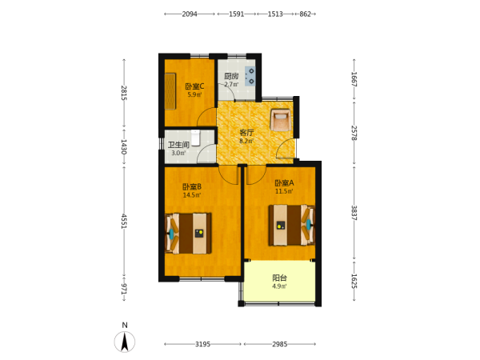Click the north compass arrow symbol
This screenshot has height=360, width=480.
point(125,342)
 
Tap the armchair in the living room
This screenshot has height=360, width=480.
point(281,120)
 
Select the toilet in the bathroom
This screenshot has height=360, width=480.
point(195,138)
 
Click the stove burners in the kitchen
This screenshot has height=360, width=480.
point(250,76)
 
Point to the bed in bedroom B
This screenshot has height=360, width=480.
point(188,234)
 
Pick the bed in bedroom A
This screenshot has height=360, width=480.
point(292,226)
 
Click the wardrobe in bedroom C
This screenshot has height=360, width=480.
point(170,91)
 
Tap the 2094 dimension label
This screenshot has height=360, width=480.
point(190,14)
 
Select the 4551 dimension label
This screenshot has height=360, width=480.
point(124,221)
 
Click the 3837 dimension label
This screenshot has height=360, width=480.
point(354,213)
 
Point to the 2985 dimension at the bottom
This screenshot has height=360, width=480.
point(280,344)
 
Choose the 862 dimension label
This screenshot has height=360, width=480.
point(306,14)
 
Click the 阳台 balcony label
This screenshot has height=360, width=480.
point(280,278)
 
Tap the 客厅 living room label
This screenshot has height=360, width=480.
point(246,133)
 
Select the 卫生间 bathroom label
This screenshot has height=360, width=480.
point(178,145)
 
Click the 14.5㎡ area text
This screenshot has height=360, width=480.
point(192,195)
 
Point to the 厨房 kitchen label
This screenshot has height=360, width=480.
point(231,76)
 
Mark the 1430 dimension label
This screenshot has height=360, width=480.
point(124,146)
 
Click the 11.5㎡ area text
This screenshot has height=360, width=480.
point(284,191)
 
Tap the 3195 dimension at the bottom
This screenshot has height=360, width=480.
point(202,344)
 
